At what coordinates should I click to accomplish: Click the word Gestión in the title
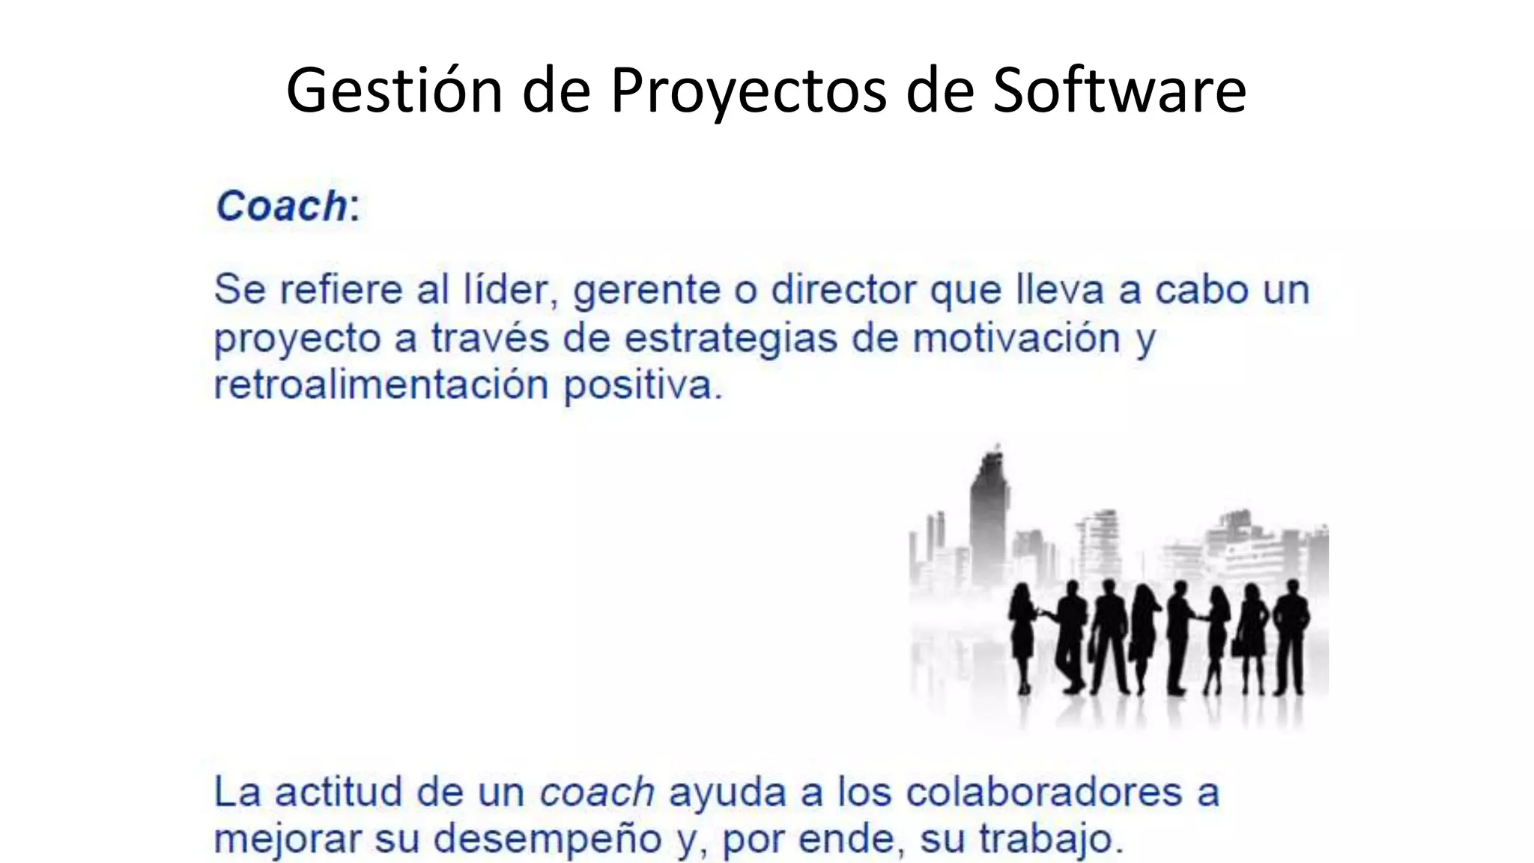click(x=394, y=91)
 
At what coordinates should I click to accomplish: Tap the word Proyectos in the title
click(x=749, y=91)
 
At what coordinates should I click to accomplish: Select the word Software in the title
click(x=1119, y=91)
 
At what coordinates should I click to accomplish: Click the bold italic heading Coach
click(x=282, y=206)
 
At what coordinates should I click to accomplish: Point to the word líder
click(x=506, y=289)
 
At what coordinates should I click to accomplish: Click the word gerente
click(x=646, y=291)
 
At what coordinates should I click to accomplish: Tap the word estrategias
click(x=730, y=339)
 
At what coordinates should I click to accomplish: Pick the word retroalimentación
click(x=381, y=385)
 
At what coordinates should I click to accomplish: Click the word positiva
click(x=642, y=387)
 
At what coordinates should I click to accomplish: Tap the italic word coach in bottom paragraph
click(x=597, y=793)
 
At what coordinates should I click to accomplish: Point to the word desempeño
click(x=548, y=840)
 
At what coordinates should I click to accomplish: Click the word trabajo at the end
click(x=1051, y=840)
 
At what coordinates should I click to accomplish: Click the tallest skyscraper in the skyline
click(x=989, y=517)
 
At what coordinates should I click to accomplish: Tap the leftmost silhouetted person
click(x=1022, y=637)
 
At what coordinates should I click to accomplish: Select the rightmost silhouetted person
click(x=1291, y=637)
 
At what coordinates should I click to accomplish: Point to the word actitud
click(x=339, y=793)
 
